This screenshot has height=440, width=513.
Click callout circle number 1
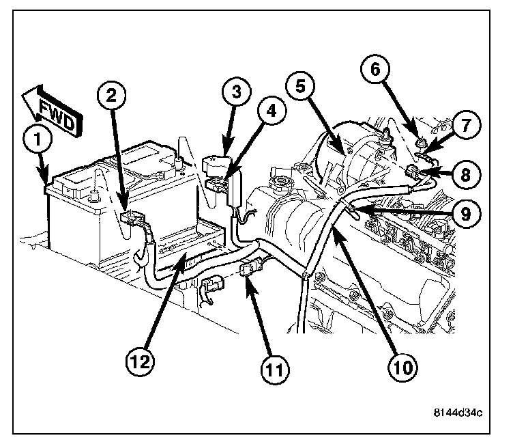tap(39, 141)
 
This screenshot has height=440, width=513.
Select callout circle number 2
tap(113, 95)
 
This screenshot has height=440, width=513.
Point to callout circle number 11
tap(273, 370)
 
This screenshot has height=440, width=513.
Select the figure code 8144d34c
tap(459, 411)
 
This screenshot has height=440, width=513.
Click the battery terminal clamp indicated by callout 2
tap(132, 220)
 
